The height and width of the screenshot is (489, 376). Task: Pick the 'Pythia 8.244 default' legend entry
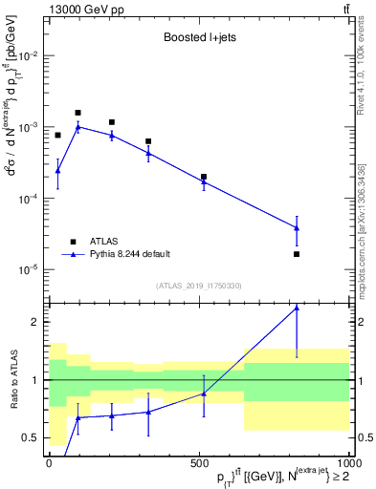(129, 254)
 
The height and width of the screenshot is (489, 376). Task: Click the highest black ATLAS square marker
(78, 113)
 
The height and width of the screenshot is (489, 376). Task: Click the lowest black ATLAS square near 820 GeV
(297, 254)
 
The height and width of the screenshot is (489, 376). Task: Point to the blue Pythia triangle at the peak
(78, 126)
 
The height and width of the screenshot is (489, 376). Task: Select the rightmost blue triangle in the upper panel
(297, 227)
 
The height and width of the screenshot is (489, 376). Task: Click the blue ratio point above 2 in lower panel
(297, 308)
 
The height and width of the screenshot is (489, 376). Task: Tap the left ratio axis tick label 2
(37, 322)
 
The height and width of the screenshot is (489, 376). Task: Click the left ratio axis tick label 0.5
(33, 437)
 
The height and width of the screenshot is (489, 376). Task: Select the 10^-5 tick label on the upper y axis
(31, 269)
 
